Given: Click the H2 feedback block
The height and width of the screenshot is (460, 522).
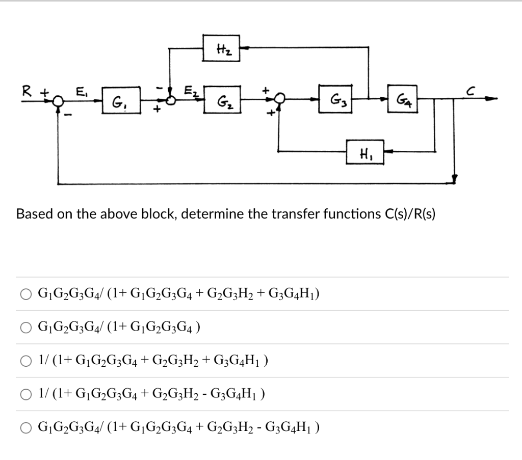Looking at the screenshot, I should pos(221,48).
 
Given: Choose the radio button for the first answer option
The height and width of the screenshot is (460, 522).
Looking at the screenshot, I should pos(25,294).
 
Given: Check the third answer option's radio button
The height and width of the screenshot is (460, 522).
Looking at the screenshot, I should pos(25,361).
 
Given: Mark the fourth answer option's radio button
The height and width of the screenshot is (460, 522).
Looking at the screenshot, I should pos(25,394).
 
